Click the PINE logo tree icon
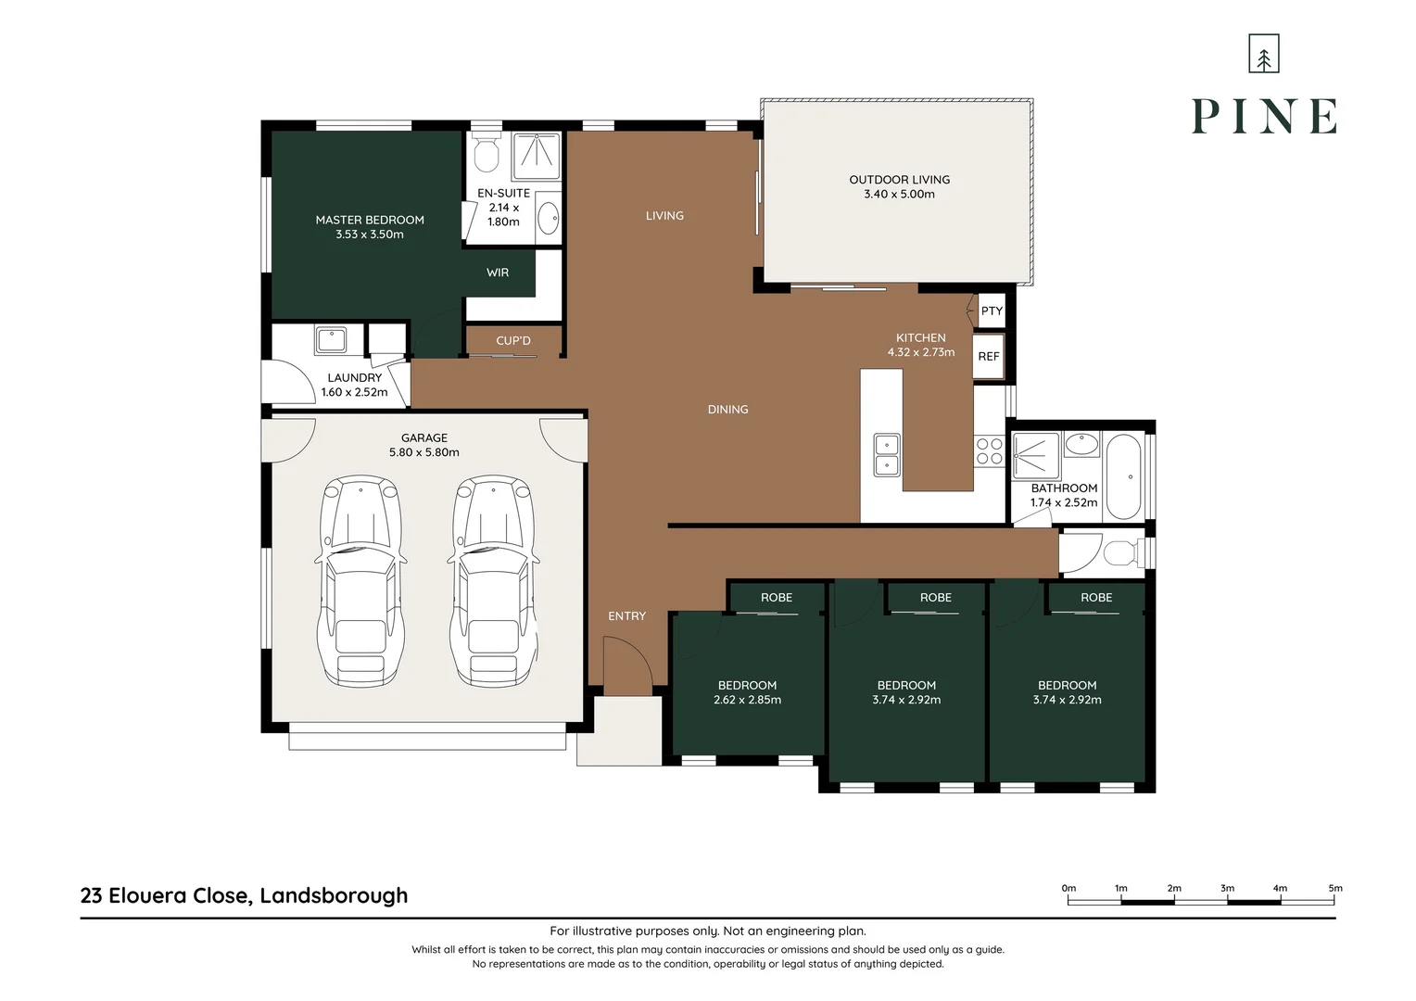pos(1264,54)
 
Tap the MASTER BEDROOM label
pos(370,220)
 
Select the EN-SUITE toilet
pos(487,151)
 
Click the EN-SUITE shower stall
pos(536,156)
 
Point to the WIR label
pos(498,272)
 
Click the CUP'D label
pos(513,341)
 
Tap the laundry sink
pos(331,340)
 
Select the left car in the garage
pos(360,581)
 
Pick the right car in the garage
pos(493,581)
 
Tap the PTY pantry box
pos(992,311)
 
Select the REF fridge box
pos(989,357)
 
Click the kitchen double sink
pos(887,455)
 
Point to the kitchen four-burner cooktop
pos(990,451)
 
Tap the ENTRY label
pos(627,616)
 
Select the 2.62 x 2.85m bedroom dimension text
pos(747,700)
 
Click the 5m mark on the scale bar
pos(1334,901)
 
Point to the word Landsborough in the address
pos(334,896)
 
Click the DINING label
pos(727,410)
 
